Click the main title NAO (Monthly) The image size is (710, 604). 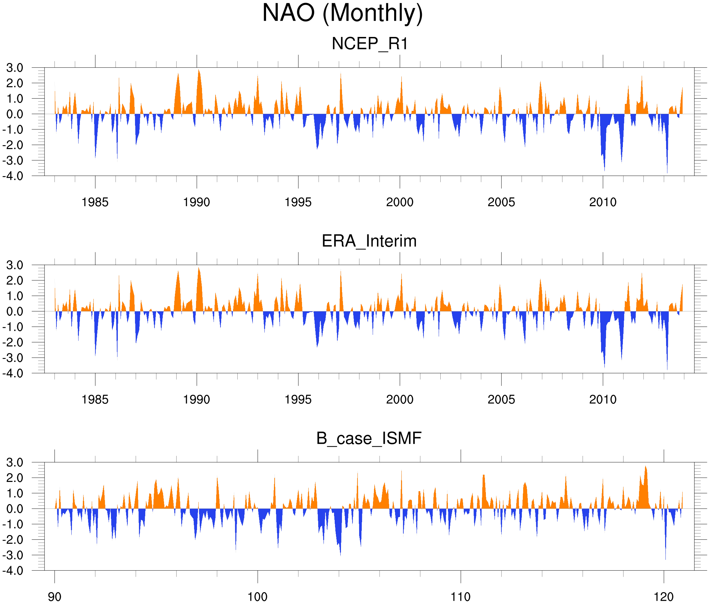tap(342, 14)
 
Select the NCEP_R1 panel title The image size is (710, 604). tap(370, 44)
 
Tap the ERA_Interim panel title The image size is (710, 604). tap(369, 241)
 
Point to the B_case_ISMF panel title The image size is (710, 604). tap(369, 438)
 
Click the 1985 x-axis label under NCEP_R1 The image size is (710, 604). tap(95, 202)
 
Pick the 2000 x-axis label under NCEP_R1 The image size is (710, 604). tap(399, 202)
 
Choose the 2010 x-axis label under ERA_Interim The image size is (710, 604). tap(603, 399)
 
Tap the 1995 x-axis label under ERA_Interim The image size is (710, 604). tap(298, 399)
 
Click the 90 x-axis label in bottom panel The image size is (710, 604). tap(54, 597)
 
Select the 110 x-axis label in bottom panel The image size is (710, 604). tap(460, 597)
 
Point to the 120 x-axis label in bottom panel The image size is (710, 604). tap(664, 597)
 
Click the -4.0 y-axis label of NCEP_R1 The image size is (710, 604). tap(13, 176)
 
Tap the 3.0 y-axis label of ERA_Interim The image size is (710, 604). tap(15, 265)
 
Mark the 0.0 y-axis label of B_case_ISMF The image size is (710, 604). tap(15, 509)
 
